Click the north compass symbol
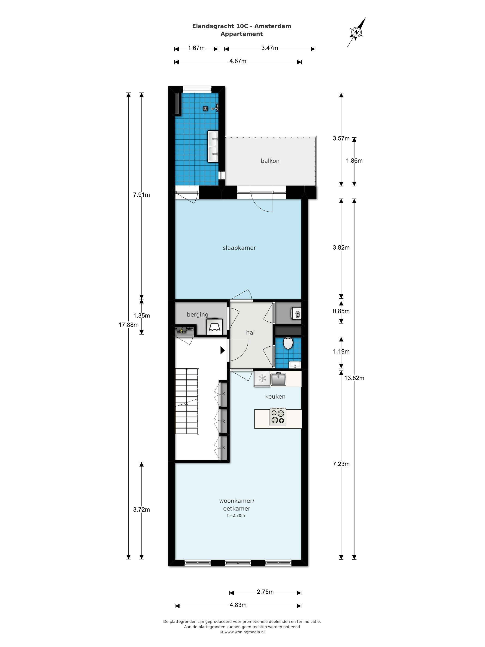click(356, 32)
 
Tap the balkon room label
click(270, 161)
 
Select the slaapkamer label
click(239, 248)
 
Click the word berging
click(198, 314)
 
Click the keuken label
click(275, 396)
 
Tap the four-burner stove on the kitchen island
click(278, 416)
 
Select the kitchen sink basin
click(278, 379)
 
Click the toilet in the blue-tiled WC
click(288, 343)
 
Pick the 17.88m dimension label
click(129, 325)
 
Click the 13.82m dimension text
click(354, 378)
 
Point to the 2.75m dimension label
click(265, 592)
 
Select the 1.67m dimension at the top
click(196, 48)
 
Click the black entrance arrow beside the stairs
click(222, 350)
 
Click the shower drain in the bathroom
click(206, 109)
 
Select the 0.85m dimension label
click(341, 311)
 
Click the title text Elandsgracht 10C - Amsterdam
click(242, 26)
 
